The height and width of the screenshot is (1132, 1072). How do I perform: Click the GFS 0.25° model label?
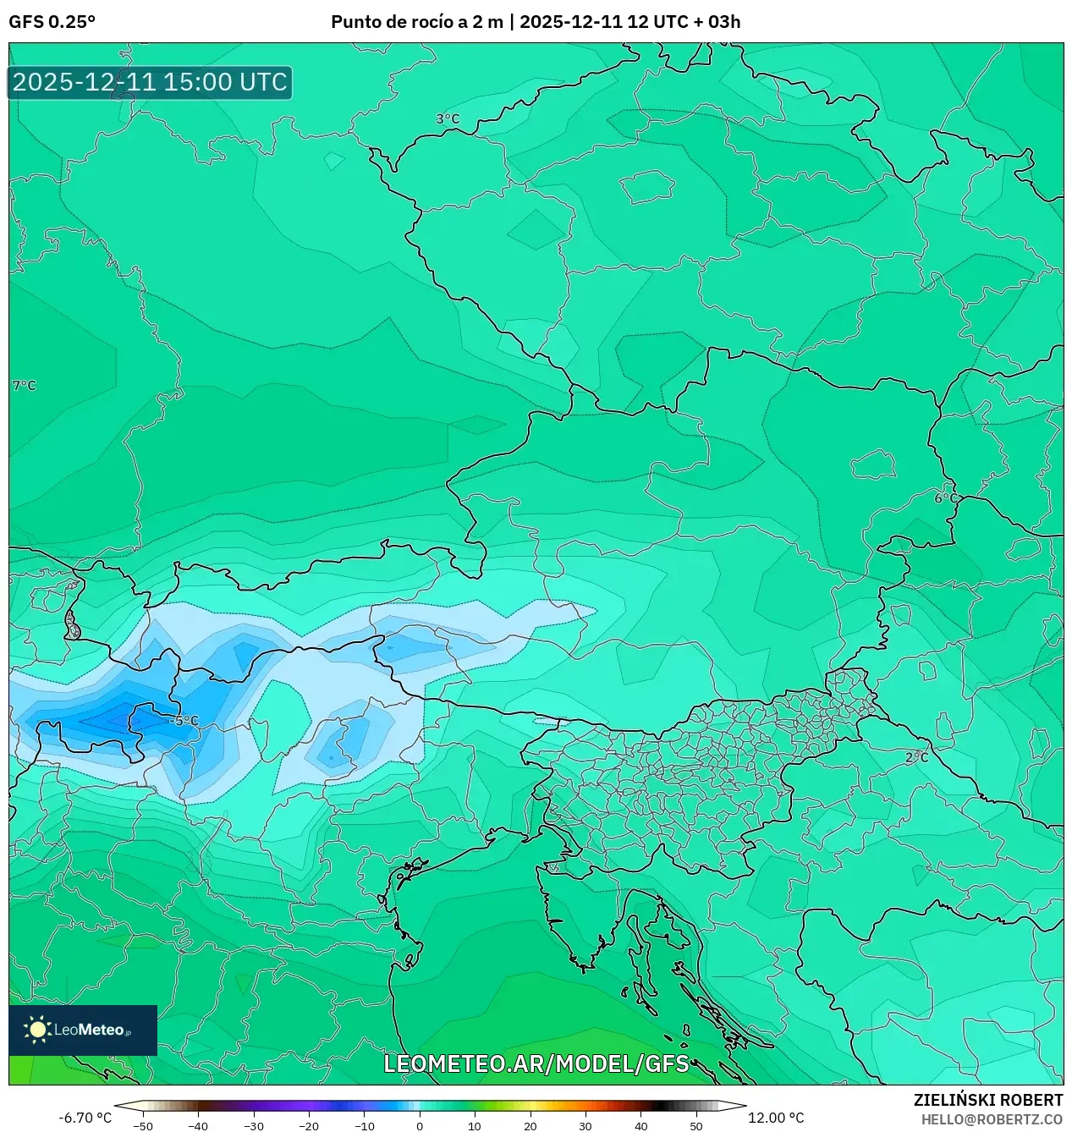coord(52,22)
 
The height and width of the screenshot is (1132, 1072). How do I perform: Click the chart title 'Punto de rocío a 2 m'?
coord(417,22)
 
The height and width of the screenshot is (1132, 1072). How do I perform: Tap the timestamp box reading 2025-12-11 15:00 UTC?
coord(150,82)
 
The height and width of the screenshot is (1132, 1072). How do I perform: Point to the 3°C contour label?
coord(448,119)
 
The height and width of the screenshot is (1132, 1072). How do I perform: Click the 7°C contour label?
coord(25,386)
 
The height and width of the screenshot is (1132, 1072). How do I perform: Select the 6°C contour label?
coord(946,498)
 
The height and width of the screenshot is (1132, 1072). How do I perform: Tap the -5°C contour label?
coord(184,721)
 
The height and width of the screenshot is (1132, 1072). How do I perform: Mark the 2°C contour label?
coord(916,757)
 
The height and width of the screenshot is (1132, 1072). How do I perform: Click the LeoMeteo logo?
coord(83,1030)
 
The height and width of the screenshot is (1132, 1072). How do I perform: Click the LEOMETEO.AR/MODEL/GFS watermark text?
coord(536,1063)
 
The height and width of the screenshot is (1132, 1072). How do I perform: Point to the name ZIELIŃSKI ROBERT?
coord(987,1100)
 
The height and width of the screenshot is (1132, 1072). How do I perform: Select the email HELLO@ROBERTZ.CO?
coord(992,1119)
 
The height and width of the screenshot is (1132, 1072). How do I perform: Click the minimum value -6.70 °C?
coord(85,1118)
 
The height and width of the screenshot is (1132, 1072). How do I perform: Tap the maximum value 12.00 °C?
coord(776,1118)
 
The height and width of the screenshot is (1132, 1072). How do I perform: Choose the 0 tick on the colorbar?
coord(420,1126)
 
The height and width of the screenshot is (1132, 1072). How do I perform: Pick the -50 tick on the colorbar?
coord(143,1126)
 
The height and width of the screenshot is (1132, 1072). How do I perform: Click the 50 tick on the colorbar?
coord(695,1126)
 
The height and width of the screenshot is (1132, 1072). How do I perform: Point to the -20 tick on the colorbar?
coord(309,1126)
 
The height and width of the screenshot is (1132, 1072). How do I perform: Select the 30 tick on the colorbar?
coord(585,1126)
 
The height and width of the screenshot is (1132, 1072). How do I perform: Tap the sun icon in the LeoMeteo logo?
coord(37,1030)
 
